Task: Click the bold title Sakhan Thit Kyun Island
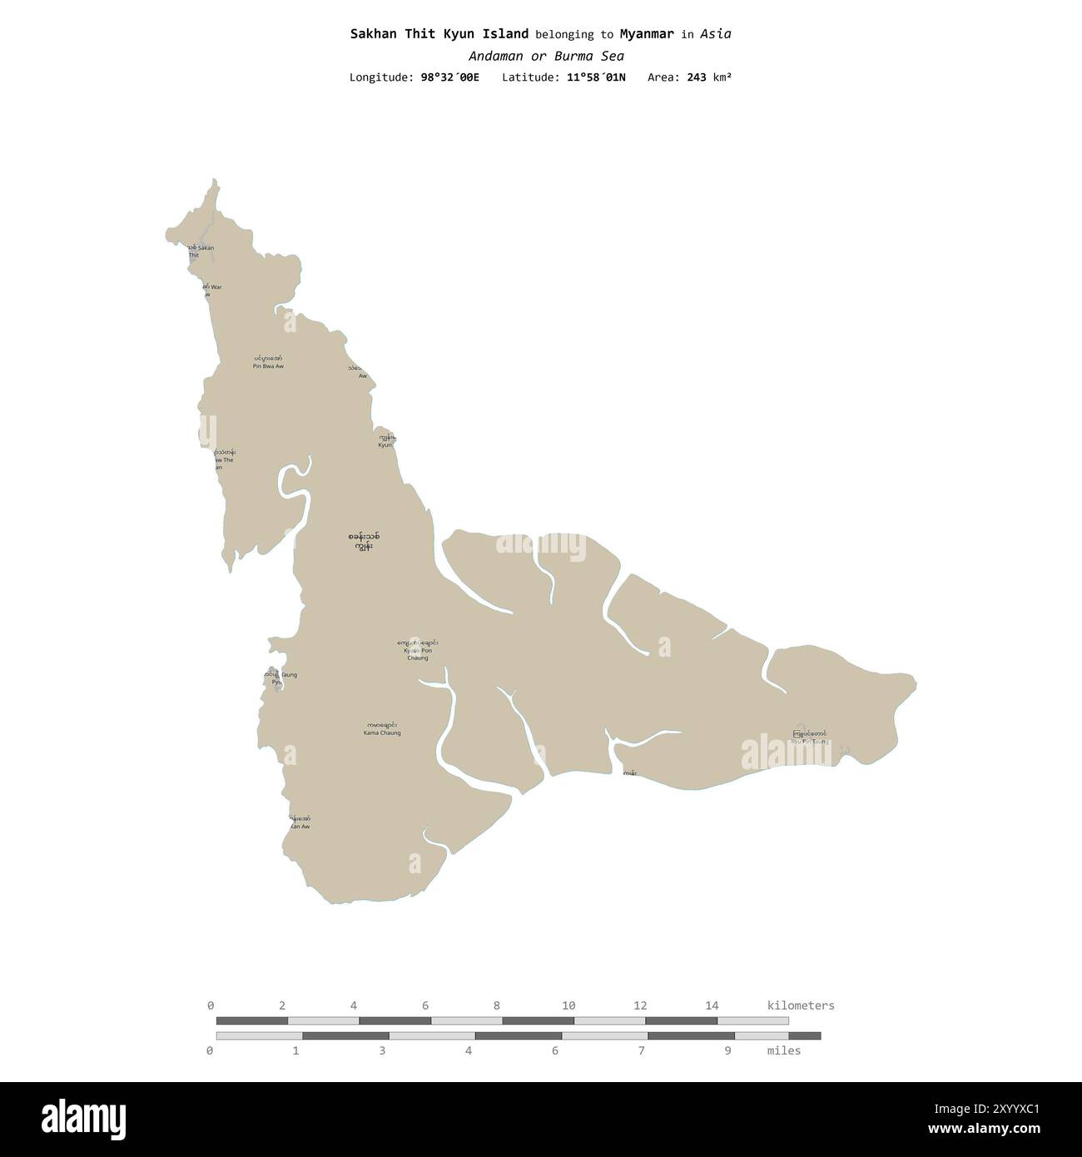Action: coord(439,34)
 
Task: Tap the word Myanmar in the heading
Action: coord(647,34)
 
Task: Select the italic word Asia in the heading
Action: coord(716,34)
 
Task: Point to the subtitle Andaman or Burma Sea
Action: coord(546,57)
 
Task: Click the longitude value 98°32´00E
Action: coord(449,77)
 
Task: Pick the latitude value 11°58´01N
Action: coord(596,77)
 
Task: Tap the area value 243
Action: coord(697,77)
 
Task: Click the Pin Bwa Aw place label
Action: coord(268,362)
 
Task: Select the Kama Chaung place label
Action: coord(382,729)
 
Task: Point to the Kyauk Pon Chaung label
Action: coord(418,650)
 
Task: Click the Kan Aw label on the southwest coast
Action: coord(300,822)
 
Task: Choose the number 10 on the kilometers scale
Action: coord(569,1006)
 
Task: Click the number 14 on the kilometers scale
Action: coord(712,1006)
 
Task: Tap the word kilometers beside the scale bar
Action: coord(800,1006)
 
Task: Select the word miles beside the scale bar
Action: coord(784,1050)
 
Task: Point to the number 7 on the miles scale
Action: coord(642,1050)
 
